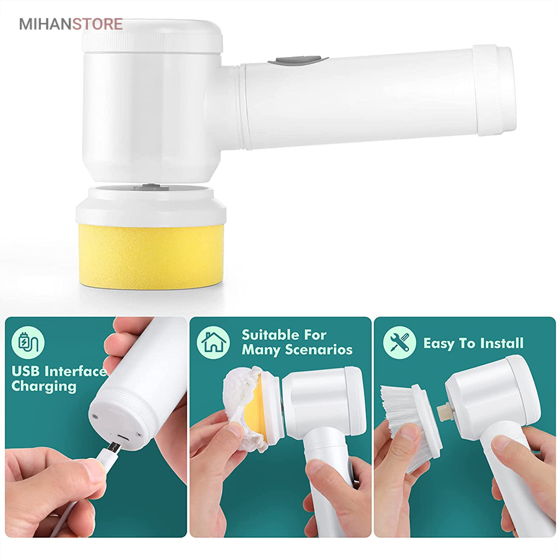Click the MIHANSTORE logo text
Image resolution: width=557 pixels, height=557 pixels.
coord(71,24)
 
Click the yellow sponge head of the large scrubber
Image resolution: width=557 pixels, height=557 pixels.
coord(152,255)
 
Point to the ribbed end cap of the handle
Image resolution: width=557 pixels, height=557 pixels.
coord(494,90)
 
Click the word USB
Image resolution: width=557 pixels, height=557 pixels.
coord(25,371)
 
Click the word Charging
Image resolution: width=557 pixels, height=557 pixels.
coord(44,387)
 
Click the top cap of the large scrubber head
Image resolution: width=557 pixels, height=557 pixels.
coord(152,35)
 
